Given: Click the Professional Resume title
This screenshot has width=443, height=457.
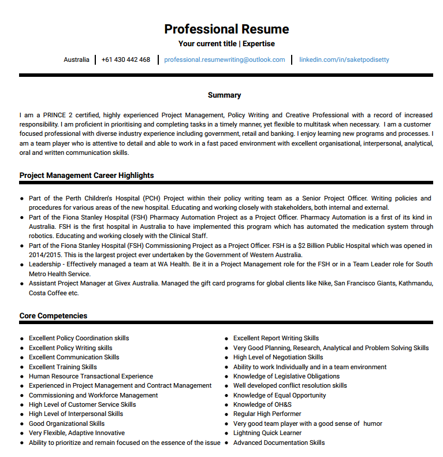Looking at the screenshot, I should tap(226, 29).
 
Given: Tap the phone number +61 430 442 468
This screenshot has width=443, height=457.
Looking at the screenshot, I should tap(125, 60).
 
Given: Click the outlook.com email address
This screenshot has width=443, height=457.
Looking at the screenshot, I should tap(225, 60).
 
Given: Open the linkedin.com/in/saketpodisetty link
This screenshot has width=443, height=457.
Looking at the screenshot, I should tap(344, 60).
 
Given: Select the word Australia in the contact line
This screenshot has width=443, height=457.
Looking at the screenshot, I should tap(76, 60).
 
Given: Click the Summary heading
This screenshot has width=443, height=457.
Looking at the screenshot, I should tap(224, 95).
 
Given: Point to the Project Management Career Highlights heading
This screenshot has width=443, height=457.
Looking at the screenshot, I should tap(87, 175).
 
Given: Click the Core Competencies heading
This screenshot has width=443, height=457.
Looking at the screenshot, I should tap(54, 315).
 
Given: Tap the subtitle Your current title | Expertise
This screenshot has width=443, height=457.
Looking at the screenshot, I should tap(226, 44).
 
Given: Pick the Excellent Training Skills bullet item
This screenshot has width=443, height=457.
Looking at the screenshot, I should tap(63, 367).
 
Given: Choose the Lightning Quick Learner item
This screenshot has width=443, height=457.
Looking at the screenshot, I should tap(267, 433).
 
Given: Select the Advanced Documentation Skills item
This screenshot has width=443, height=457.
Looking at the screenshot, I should tap(279, 443).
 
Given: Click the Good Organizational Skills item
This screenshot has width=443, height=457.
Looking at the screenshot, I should tap(67, 423).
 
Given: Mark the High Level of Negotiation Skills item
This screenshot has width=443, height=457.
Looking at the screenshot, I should tap(278, 357).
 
